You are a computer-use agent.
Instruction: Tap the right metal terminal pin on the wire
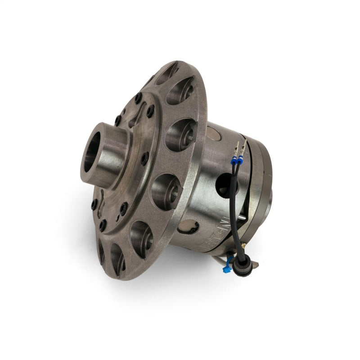(243, 145)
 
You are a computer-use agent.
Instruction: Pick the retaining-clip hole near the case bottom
(189, 227)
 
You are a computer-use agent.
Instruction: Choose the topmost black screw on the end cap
(138, 96)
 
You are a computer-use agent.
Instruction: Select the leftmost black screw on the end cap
(94, 205)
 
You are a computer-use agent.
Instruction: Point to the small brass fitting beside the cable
(243, 245)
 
